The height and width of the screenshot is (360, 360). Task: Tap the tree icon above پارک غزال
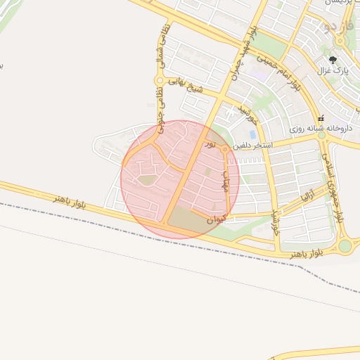tap(333, 60)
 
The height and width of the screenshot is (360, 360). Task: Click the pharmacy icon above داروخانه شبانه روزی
tap(322, 118)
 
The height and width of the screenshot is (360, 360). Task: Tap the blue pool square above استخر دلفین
tap(252, 134)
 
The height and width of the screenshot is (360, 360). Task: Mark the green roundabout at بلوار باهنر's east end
tap(345, 246)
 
